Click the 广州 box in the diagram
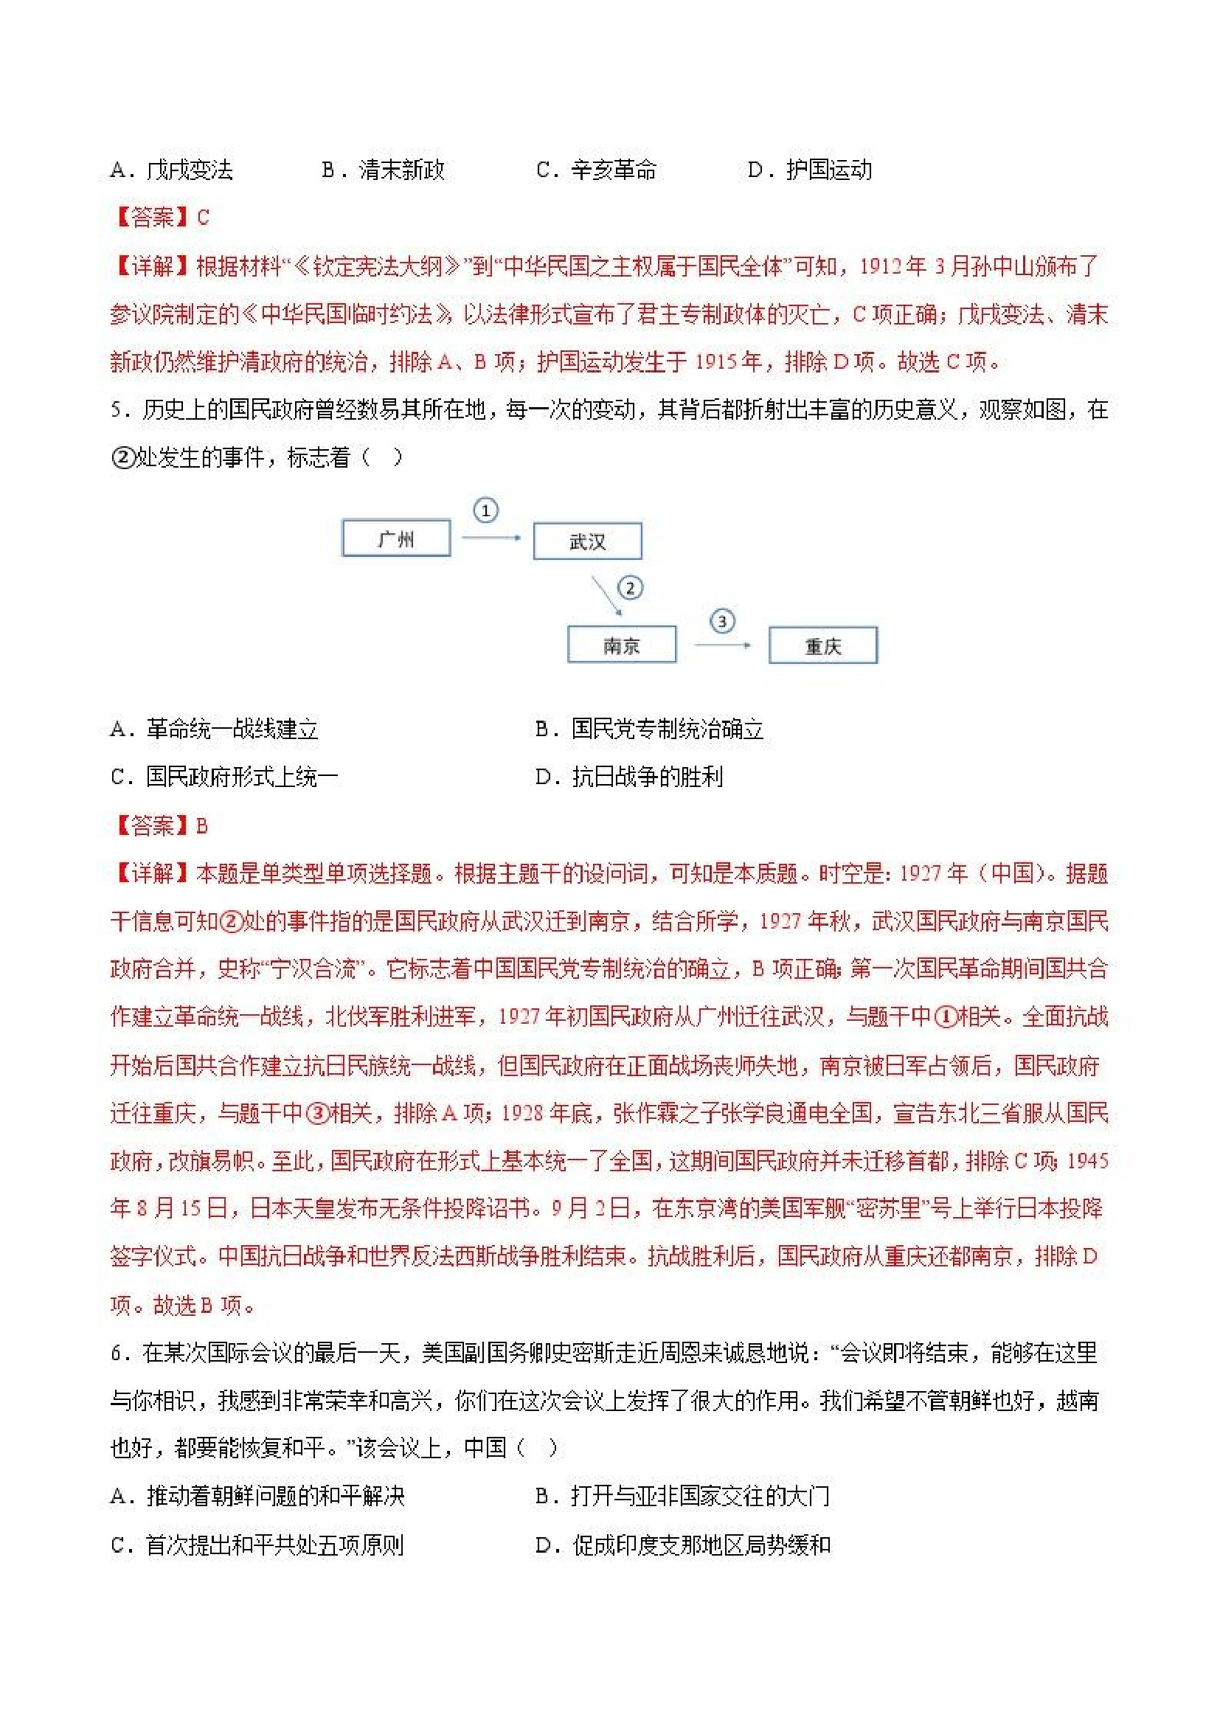point(396,538)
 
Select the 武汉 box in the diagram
point(587,541)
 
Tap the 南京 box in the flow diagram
point(621,645)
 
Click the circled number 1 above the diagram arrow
point(485,511)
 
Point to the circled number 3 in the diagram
point(722,621)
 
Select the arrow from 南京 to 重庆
point(721,645)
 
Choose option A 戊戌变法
point(171,170)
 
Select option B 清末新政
point(384,170)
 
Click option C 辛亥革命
point(596,170)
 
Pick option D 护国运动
point(810,170)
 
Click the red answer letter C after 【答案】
point(203,218)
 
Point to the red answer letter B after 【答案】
point(201,826)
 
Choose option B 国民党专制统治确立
point(650,729)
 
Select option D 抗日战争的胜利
point(629,777)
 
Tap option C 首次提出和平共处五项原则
point(257,1545)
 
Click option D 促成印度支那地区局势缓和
point(682,1545)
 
